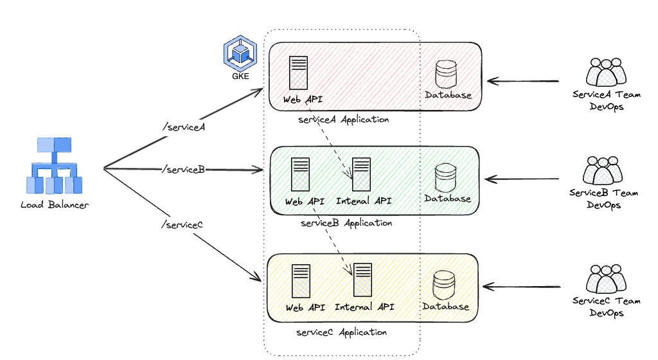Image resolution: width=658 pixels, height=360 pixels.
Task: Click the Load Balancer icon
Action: point(55,165)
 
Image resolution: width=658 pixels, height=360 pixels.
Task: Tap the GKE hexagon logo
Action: point(240,54)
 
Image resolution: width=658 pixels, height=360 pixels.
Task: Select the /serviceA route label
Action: point(184,127)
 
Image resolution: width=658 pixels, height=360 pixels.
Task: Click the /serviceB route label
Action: point(184,169)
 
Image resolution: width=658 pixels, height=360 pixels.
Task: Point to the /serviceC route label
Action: point(182,224)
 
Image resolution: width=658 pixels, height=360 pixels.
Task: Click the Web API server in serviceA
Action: point(297,73)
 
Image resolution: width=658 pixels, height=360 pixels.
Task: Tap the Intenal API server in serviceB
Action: point(361,174)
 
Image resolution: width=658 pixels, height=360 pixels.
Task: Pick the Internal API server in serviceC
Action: point(363,280)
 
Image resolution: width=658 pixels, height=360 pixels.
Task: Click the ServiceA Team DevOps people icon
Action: point(605,73)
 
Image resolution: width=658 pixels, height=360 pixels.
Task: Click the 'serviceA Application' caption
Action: point(344,120)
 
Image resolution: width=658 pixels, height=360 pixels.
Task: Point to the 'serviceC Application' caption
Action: point(342,332)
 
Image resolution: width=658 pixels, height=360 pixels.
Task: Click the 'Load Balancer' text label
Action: point(55,205)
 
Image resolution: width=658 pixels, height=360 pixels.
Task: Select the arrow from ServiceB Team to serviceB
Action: point(524,179)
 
